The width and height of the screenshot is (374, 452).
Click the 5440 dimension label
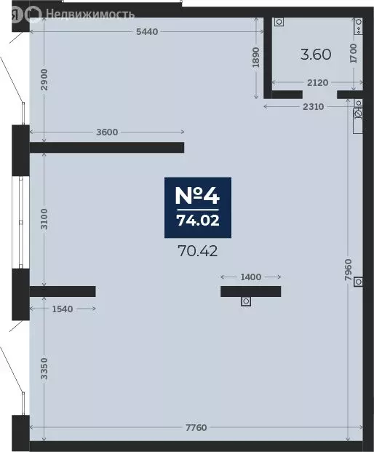click(147, 32)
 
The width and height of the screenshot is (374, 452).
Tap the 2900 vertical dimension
click(44, 79)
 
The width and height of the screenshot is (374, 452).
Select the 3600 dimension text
click(107, 132)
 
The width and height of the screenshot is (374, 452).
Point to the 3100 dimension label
click(44, 219)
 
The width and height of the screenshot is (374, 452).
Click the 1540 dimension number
click(63, 309)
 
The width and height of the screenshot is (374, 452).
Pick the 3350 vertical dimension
click(44, 369)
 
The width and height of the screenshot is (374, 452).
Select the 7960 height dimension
click(349, 270)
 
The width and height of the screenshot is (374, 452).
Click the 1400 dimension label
click(251, 277)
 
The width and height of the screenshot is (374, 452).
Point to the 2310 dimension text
click(313, 107)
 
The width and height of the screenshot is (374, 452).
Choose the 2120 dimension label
click(317, 83)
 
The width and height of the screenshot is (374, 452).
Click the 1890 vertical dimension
click(256, 58)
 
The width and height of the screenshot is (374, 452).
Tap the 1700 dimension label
click(354, 53)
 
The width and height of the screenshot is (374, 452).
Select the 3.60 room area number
click(316, 55)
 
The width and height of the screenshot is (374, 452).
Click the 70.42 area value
click(198, 251)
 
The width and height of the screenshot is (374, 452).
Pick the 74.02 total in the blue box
click(198, 221)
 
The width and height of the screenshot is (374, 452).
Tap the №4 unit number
click(198, 195)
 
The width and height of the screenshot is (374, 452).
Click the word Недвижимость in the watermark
click(90, 14)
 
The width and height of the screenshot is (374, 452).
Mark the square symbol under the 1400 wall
click(246, 301)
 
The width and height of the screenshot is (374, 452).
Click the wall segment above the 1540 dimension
click(63, 291)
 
